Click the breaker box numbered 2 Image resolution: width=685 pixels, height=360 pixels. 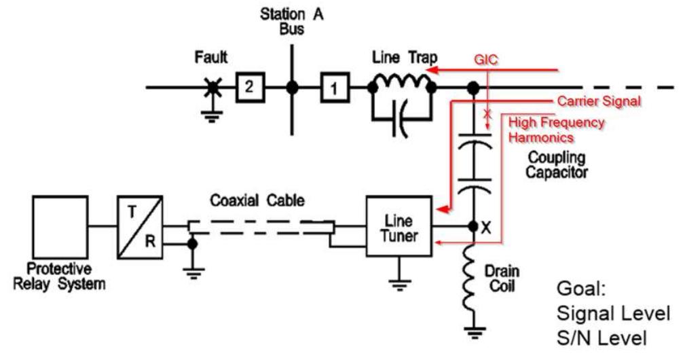point(249,87)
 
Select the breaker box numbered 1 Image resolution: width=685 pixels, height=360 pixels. point(333,87)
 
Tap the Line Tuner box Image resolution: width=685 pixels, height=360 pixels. point(399,226)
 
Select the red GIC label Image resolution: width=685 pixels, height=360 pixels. point(485,60)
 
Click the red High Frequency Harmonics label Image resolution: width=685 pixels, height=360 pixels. point(555,130)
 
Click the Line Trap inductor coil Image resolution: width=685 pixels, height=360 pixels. point(401,82)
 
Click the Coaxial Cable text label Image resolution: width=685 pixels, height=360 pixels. point(257,200)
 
